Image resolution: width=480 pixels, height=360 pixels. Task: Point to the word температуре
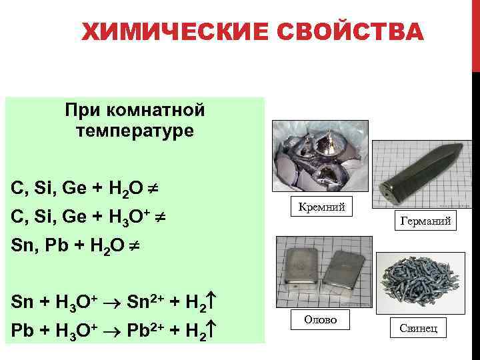click(135, 131)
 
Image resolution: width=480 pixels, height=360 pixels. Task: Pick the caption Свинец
click(419, 329)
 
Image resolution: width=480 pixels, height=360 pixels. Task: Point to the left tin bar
click(301, 268)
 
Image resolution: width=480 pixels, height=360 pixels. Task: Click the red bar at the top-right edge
click(476, 33)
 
